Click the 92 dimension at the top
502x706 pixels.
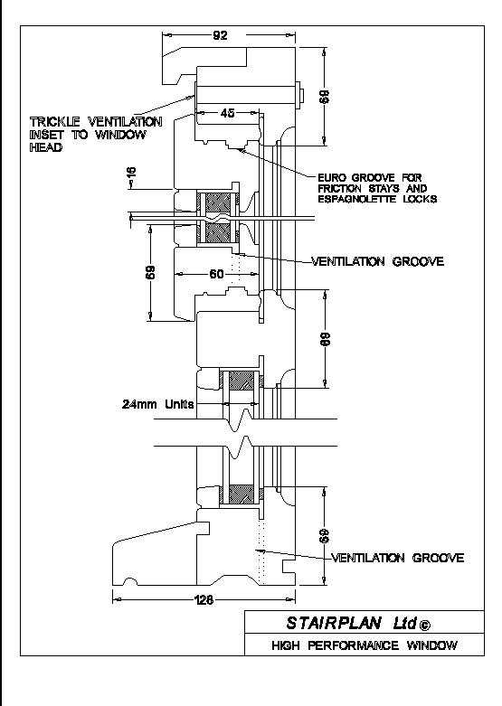click(x=220, y=35)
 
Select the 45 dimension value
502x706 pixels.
click(x=228, y=113)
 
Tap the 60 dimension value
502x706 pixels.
click(x=217, y=274)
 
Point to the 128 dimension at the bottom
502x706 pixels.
click(x=204, y=599)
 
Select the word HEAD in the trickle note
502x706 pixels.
click(x=46, y=147)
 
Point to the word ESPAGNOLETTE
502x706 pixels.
click(x=357, y=199)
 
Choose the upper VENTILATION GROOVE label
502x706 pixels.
click(x=377, y=261)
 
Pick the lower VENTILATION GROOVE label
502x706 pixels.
click(x=398, y=558)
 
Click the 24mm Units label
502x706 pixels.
click(x=157, y=404)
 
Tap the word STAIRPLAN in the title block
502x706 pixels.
click(x=335, y=623)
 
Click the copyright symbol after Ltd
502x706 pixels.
click(x=424, y=625)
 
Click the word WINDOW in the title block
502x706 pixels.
click(x=431, y=645)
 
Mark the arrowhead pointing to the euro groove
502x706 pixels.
click(x=242, y=151)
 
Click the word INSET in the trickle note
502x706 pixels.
click(x=47, y=135)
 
